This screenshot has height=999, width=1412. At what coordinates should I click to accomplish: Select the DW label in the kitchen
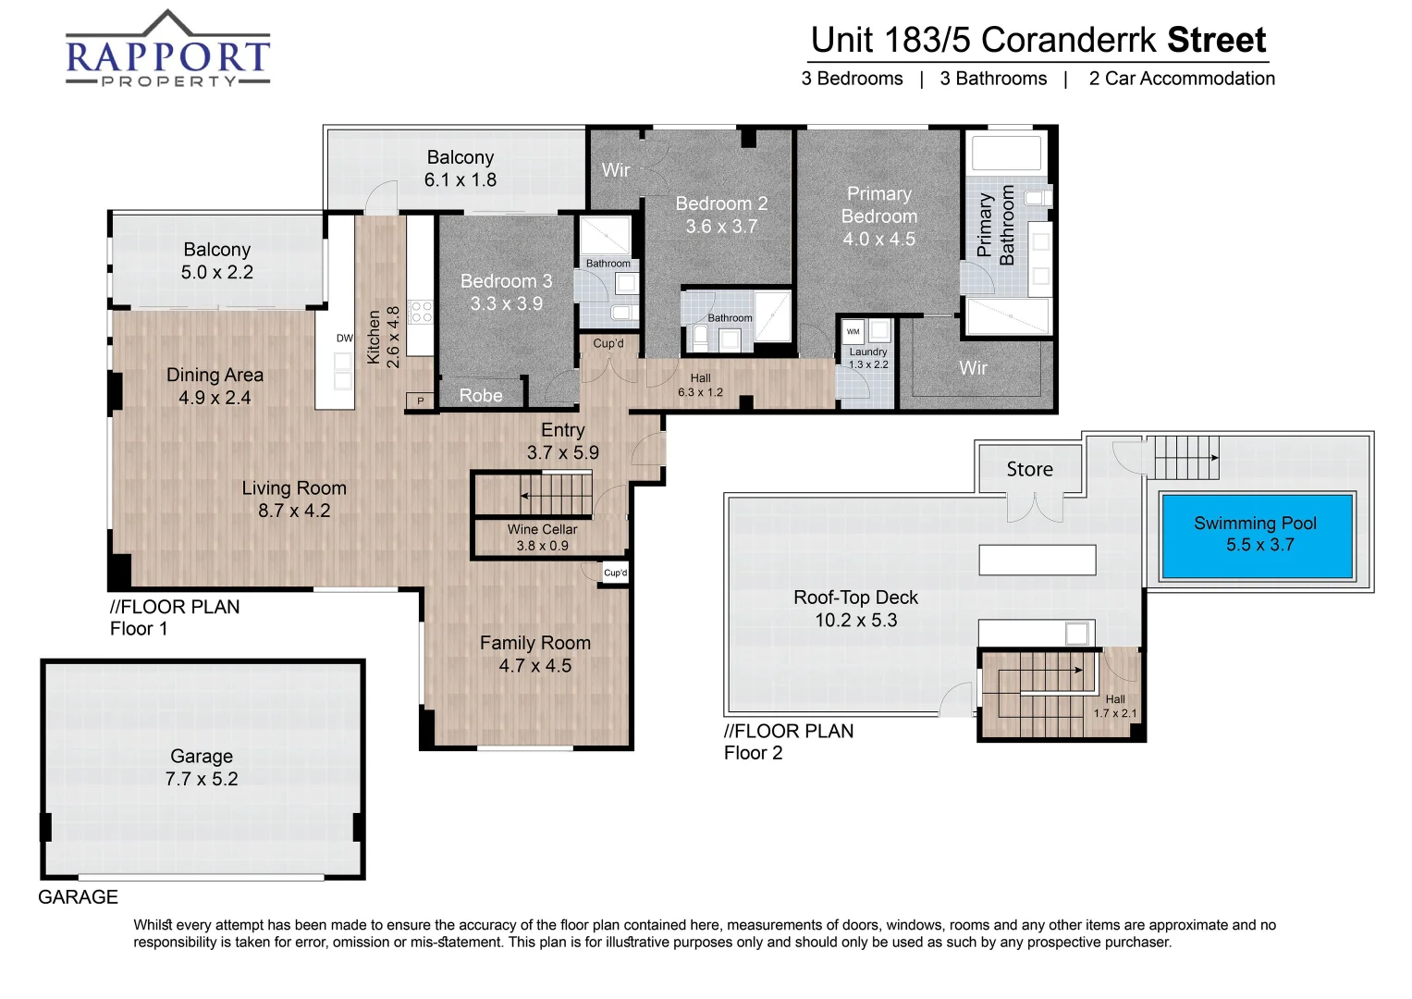(344, 339)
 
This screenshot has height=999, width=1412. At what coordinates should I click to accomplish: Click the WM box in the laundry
(853, 331)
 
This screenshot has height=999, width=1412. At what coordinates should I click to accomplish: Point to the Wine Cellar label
(542, 530)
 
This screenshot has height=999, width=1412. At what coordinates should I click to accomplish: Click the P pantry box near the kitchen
(421, 401)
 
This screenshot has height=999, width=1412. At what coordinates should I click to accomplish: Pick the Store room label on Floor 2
(1029, 470)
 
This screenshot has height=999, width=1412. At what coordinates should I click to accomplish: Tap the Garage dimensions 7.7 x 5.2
(202, 779)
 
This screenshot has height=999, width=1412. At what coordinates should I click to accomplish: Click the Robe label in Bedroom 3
(481, 396)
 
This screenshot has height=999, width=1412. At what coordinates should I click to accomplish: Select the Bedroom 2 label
(721, 203)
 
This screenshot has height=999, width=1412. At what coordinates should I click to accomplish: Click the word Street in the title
(1216, 41)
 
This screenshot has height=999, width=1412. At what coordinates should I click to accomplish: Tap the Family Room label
(534, 643)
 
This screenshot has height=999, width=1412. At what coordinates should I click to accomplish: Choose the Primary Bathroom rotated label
(996, 225)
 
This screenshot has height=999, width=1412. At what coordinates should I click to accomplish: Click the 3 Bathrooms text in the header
(993, 79)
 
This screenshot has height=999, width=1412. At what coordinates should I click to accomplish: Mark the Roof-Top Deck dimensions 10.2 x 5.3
(855, 621)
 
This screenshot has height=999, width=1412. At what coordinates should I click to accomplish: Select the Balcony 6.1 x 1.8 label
(460, 168)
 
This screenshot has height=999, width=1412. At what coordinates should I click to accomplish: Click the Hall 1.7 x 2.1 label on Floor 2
(1115, 707)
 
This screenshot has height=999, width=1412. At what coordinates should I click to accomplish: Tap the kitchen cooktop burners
(421, 312)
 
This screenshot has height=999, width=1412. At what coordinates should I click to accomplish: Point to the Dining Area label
(215, 375)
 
